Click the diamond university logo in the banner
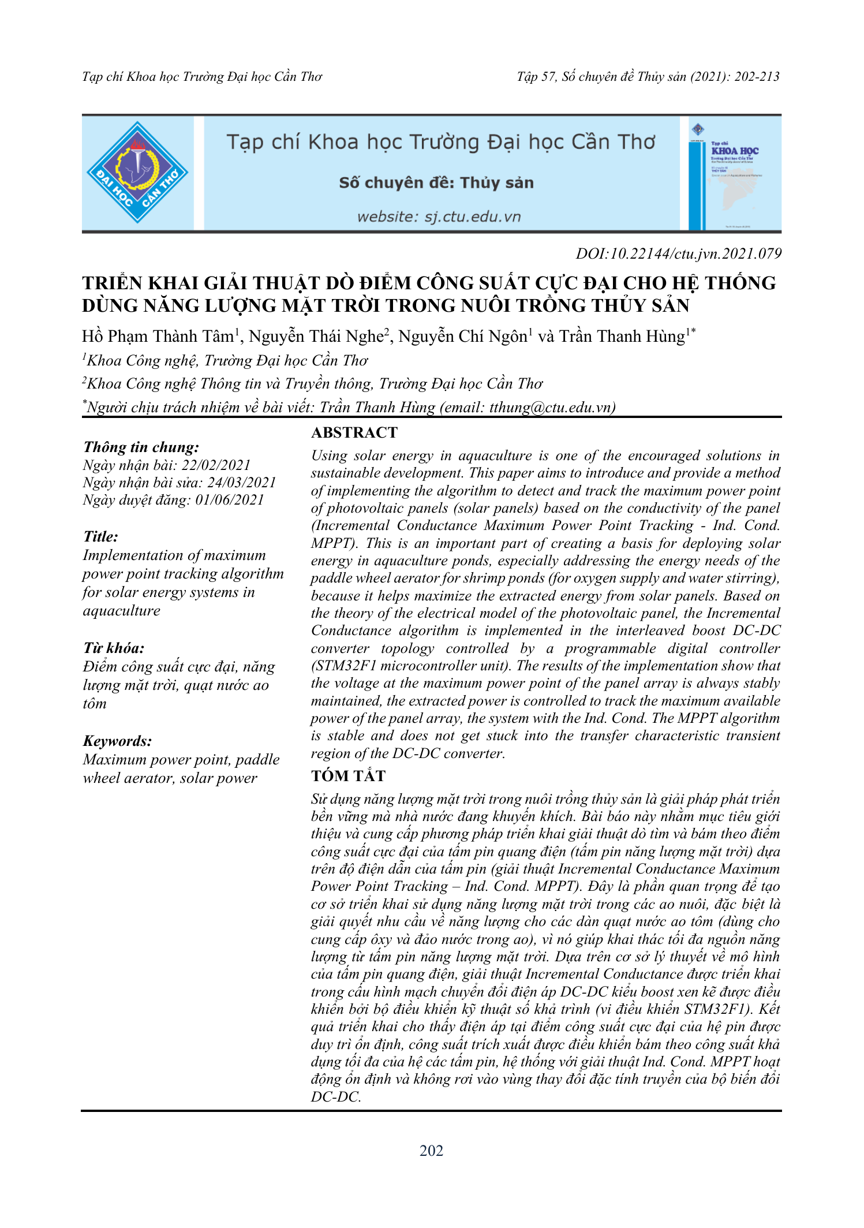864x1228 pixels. coord(137,173)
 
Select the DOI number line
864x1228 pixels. coord(678,253)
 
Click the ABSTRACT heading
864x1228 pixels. coord(354,432)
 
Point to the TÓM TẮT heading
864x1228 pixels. coord(348,776)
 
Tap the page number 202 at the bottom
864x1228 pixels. coord(431,1151)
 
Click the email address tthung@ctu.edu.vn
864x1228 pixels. coord(550,408)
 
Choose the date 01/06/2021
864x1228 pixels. coord(229,500)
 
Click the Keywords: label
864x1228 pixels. coord(117,741)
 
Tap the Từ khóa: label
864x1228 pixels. coord(114,648)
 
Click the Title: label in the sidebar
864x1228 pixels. coord(100,536)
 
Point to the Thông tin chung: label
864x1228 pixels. coord(141,447)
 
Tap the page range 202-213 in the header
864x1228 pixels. coord(757,77)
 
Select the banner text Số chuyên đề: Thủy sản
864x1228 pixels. coord(436,183)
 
